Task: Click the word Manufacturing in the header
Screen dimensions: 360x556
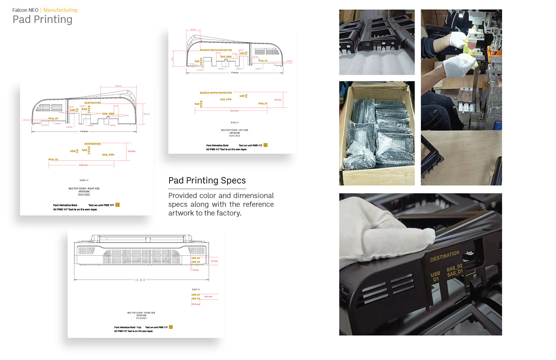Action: (x=60, y=10)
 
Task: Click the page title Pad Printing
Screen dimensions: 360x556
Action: (x=42, y=19)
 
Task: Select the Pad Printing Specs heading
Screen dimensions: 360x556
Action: (x=207, y=180)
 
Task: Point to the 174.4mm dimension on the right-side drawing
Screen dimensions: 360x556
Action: (x=84, y=131)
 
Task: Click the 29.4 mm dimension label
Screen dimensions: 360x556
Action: (x=131, y=151)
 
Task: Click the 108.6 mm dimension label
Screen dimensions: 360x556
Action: (x=83, y=165)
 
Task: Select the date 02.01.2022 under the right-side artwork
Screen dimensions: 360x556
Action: (x=84, y=195)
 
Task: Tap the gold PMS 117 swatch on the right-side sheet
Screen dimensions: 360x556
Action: (x=118, y=205)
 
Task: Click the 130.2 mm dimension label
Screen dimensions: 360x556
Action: (x=234, y=110)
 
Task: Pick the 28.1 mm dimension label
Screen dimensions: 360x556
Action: (x=278, y=100)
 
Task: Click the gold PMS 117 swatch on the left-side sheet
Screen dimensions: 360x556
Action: (x=266, y=145)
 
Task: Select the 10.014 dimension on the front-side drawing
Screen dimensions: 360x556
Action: (x=140, y=280)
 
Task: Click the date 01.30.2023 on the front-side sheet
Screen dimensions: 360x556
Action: (x=141, y=318)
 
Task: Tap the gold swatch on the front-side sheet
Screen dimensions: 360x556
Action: (x=171, y=327)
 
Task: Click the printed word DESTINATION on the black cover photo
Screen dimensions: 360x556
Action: (x=444, y=256)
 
